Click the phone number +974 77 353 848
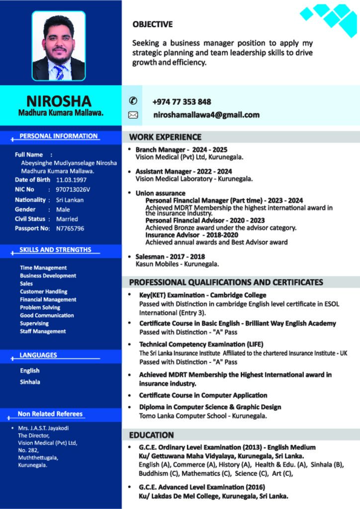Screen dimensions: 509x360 tap(181, 102)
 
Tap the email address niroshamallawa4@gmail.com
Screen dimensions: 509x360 tap(206, 115)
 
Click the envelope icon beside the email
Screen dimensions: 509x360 tap(133, 115)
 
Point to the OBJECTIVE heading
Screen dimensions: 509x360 tap(153, 24)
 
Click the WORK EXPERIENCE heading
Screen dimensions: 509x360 tap(165, 137)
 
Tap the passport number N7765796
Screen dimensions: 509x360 tap(70, 228)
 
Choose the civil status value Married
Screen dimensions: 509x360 tap(67, 219)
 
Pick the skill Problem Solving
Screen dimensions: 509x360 tap(40, 307)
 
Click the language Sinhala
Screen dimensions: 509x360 tap(30, 382)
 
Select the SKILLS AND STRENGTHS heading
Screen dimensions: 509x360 tap(55, 250)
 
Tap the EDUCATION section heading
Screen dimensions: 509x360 tap(151, 435)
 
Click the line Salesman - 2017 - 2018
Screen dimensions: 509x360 tap(170, 256)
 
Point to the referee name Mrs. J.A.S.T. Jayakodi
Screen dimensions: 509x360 tap(43, 428)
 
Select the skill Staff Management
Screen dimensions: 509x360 tap(42, 331)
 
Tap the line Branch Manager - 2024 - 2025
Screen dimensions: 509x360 tap(181, 149)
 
